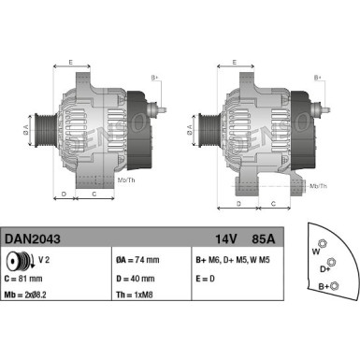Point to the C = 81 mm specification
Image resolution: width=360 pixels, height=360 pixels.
click(26, 277)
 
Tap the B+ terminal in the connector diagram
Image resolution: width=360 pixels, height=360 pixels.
click(336, 285)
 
